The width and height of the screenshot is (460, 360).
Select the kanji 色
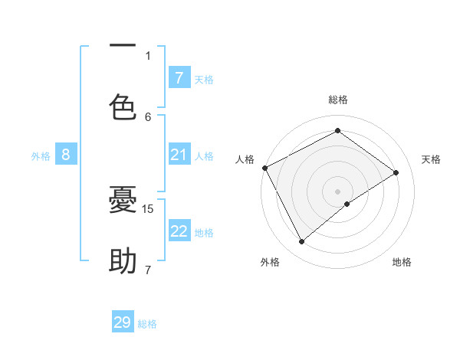pyautogui.click(x=123, y=106)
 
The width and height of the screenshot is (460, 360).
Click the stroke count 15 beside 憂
pyautogui.click(x=149, y=208)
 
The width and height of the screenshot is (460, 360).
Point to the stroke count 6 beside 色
pyautogui.click(x=149, y=116)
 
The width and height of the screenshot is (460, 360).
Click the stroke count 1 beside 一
pyautogui.click(x=148, y=55)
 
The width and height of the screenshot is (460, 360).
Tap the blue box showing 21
pyautogui.click(x=179, y=155)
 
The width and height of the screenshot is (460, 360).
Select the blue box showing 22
pyautogui.click(x=179, y=231)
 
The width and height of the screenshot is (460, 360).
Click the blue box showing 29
pyautogui.click(x=123, y=322)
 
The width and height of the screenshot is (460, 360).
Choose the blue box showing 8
pyautogui.click(x=66, y=155)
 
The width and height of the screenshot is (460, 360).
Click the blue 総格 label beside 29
pyautogui.click(x=147, y=324)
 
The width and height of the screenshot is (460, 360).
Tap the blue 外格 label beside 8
pyautogui.click(x=41, y=156)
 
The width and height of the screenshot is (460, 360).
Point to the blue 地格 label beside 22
pyautogui.click(x=204, y=233)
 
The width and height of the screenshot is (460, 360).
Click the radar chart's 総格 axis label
pyautogui.click(x=338, y=100)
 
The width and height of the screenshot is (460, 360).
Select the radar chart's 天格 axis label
pyautogui.click(x=432, y=159)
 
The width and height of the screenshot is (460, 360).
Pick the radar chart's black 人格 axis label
pyautogui.click(x=245, y=159)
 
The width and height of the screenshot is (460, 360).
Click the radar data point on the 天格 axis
pyautogui.click(x=396, y=172)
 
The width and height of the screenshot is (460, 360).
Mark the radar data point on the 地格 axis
pyautogui.click(x=347, y=204)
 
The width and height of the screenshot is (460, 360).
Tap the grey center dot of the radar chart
pyautogui.click(x=338, y=191)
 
